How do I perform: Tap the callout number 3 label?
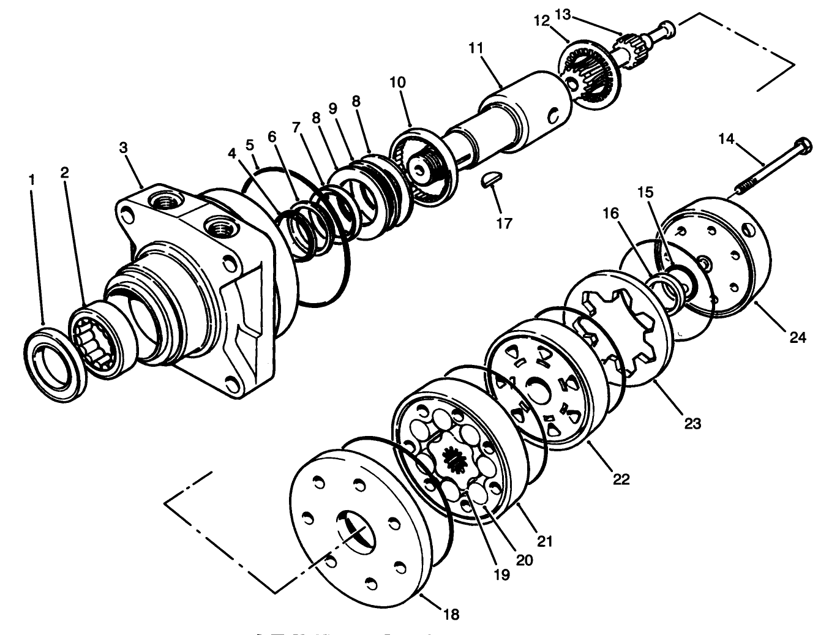coord(124,148)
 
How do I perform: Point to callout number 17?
coord(504,223)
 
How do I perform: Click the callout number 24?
coord(798,336)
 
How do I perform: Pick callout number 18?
coord(451,614)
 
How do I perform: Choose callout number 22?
coord(621,479)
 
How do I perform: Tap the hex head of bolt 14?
coord(803,146)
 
